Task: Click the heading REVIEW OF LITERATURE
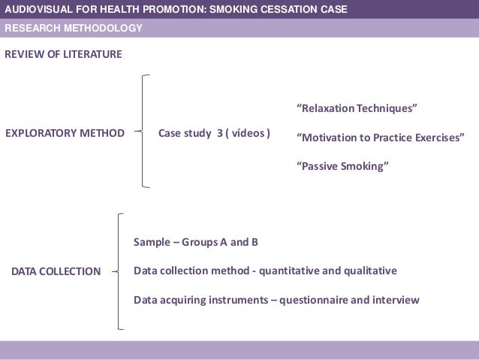click(63, 54)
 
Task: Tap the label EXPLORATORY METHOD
click(65, 134)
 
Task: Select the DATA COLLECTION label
click(56, 271)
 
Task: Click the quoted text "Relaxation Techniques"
click(357, 108)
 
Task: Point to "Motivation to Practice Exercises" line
click(381, 137)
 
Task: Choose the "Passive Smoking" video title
click(344, 165)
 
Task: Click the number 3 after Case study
click(219, 134)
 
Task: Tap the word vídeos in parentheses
click(248, 134)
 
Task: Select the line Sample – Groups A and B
click(196, 243)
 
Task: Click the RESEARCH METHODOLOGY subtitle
click(74, 29)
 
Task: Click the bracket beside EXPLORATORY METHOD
click(142, 131)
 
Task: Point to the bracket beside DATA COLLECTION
click(119, 271)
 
